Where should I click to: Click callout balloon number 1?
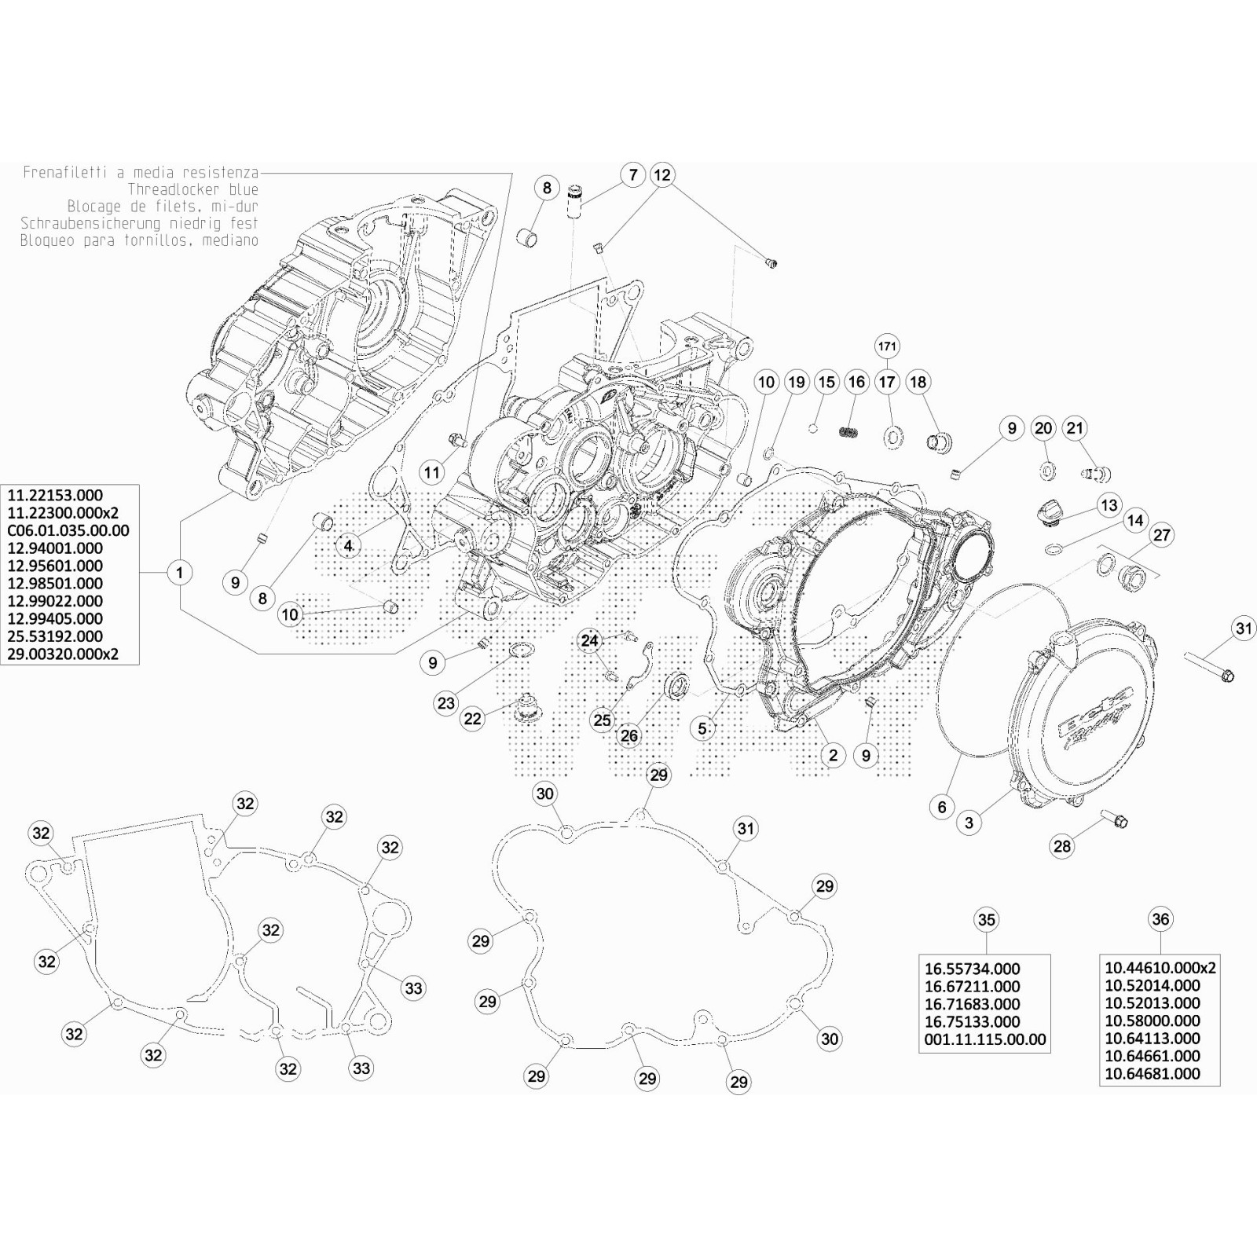click(180, 573)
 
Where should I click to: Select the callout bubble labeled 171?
click(887, 346)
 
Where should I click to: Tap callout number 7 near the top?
click(633, 174)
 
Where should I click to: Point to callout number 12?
click(662, 174)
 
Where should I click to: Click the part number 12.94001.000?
click(55, 548)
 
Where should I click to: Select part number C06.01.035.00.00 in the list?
click(68, 530)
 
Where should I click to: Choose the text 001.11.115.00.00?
click(985, 1039)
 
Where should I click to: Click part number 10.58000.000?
click(1153, 1021)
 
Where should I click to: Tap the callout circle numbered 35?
click(986, 919)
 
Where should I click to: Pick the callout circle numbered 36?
click(1160, 919)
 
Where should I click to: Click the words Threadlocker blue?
click(192, 189)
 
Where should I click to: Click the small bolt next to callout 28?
click(1115, 819)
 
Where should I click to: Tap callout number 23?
click(446, 702)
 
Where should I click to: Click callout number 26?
click(629, 735)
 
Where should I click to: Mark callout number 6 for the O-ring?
click(942, 806)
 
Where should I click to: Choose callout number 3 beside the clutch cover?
click(969, 823)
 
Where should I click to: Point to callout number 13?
click(1109, 505)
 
